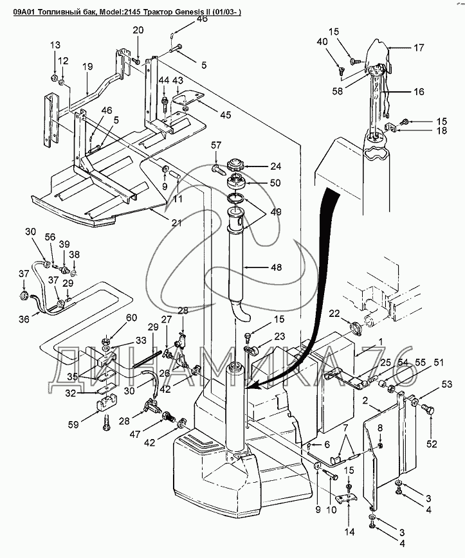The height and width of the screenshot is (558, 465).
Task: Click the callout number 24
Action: (275, 166)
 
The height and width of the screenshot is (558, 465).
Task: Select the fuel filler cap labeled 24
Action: (234, 165)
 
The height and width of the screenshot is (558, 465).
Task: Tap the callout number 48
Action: (276, 267)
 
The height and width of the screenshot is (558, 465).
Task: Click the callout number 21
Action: (177, 223)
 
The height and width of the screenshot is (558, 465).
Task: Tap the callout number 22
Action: (334, 313)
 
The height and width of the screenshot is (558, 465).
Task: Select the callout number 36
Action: (24, 319)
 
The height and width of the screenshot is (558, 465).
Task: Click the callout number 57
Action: (216, 145)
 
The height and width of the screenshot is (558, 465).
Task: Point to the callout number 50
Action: (275, 183)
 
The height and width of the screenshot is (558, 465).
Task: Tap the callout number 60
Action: (131, 318)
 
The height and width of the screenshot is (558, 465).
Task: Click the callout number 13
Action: (55, 45)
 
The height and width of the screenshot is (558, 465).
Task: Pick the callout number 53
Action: (447, 384)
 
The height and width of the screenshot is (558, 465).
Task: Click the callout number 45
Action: (225, 114)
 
